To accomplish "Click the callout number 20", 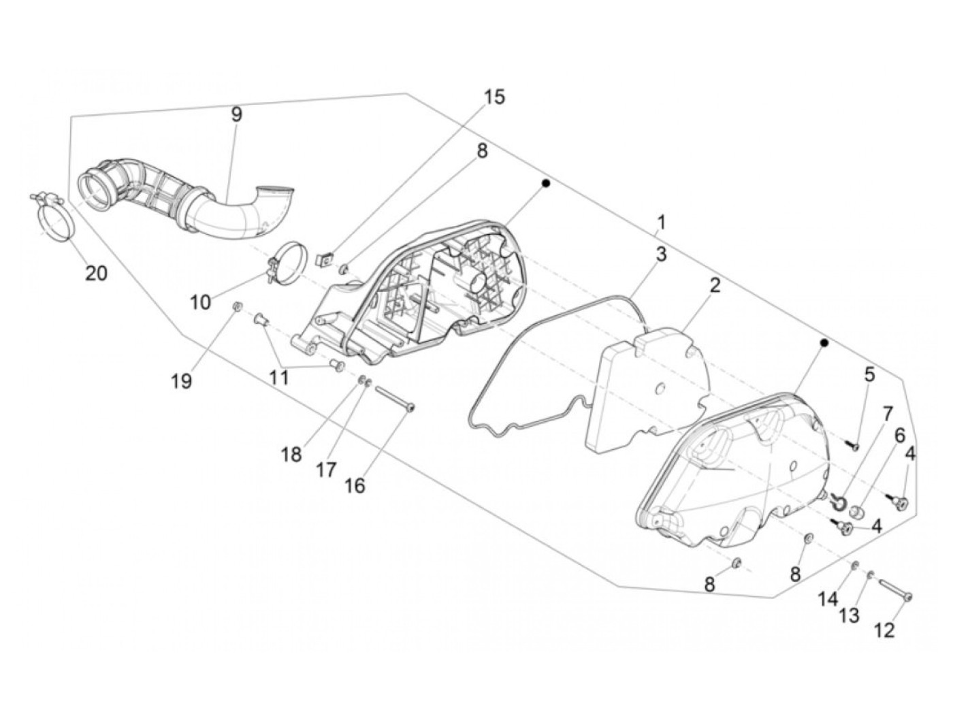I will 96,273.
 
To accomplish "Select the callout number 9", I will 236,114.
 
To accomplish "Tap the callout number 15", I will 495,97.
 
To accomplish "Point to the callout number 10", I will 200,302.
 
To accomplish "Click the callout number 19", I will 181,380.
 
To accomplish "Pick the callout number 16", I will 355,485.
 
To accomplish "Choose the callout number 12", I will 884,631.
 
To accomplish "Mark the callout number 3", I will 661,255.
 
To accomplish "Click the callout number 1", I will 661,222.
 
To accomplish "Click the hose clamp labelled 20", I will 55,218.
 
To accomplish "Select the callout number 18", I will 291,454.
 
